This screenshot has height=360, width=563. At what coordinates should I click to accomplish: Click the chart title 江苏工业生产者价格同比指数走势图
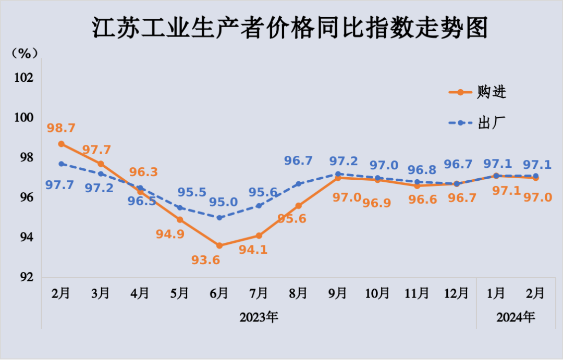point(290,28)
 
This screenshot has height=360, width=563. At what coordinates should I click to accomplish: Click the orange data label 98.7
point(61,128)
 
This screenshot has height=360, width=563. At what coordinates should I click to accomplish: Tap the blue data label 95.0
point(223,202)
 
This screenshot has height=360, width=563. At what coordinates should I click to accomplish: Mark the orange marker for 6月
point(219,245)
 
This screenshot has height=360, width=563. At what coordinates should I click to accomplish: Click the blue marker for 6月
point(219,217)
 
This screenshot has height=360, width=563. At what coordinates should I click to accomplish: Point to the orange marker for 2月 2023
point(61,144)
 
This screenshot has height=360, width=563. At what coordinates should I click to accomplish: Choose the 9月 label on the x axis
point(338,293)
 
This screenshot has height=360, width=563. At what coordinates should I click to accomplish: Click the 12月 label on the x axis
point(457,293)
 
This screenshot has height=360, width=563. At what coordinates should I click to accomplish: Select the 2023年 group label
point(259,317)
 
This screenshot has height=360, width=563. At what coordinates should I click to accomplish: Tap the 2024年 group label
point(516,317)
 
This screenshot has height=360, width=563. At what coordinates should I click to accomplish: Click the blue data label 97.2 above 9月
point(344,161)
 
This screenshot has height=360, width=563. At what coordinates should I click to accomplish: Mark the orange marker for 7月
point(259,235)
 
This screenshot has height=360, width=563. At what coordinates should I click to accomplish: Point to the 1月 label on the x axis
point(496,293)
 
